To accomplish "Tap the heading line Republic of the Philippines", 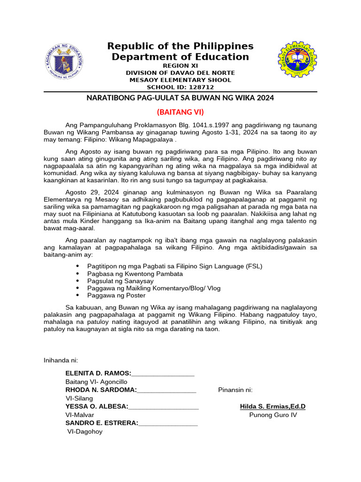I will coord(180,46).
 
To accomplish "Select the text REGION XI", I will coord(180,66).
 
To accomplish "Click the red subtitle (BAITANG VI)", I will coord(180,112).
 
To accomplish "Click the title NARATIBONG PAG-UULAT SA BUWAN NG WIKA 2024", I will coord(180,98).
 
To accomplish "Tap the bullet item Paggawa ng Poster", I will coord(116,295).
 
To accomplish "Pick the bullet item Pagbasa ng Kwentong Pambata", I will coord(135,273).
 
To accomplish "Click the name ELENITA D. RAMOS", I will coord(98,373).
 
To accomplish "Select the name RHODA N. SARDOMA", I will coord(101,390).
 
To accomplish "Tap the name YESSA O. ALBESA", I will coord(96,407).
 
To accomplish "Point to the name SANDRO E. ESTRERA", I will coord(102,423).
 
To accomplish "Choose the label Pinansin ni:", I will coord(235,390).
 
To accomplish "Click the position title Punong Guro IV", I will coord(273,415).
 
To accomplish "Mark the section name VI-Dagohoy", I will coord(85,431).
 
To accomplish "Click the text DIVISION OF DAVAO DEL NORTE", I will coord(180,73).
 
